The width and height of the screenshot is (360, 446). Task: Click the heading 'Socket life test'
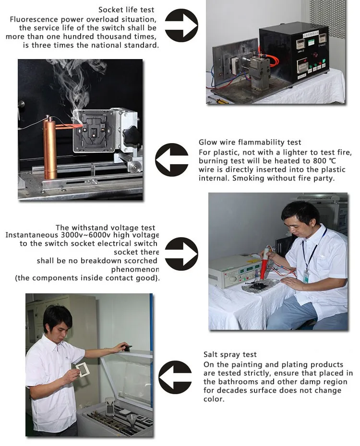pyautogui.click(x=126, y=10)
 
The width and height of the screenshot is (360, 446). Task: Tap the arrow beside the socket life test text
pyautogui.click(x=181, y=25)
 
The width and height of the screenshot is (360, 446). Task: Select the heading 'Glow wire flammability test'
pyautogui.click(x=250, y=142)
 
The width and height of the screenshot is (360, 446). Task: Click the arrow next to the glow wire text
pyautogui.click(x=172, y=160)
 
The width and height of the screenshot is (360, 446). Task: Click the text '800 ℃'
pyautogui.click(x=324, y=161)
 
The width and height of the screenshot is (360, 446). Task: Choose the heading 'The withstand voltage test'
pyautogui.click(x=105, y=228)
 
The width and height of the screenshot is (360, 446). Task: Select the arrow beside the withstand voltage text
pyautogui.click(x=181, y=253)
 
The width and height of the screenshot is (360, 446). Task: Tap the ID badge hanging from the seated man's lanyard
pyautogui.click(x=306, y=277)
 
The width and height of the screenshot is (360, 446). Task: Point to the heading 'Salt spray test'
pyautogui.click(x=230, y=354)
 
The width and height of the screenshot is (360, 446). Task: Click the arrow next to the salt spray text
pyautogui.click(x=175, y=377)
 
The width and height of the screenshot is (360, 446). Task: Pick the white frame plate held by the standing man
pyautogui.click(x=83, y=370)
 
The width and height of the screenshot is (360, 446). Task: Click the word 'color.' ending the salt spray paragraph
pyautogui.click(x=214, y=399)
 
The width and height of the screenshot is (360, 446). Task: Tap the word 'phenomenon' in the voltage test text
pyautogui.click(x=135, y=269)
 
